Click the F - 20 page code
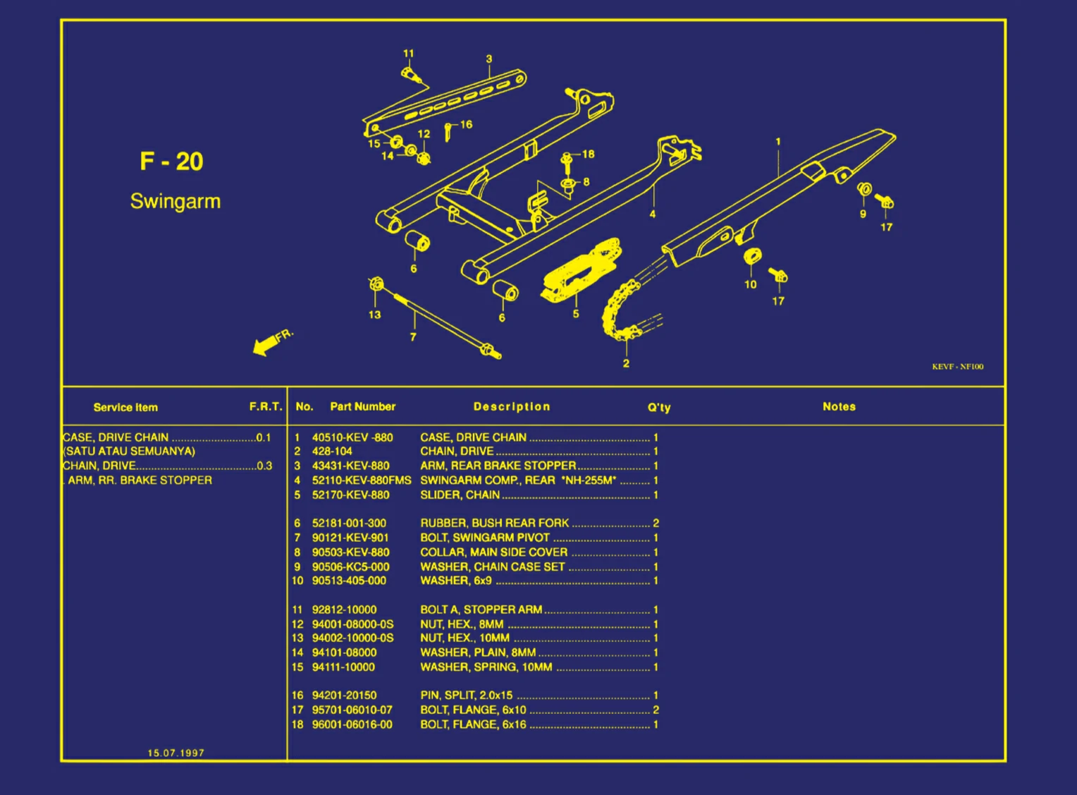pos(171,162)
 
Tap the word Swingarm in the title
pos(176,202)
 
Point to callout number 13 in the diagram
pos(374,315)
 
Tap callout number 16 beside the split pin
pos(466,125)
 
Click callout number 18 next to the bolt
pos(588,154)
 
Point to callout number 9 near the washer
pos(863,214)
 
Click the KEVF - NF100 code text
pos(957,367)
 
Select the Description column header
pos(511,407)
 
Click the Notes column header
pos(839,407)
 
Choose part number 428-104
pos(332,451)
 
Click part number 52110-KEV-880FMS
pos(361,480)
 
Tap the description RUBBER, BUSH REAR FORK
pos(494,523)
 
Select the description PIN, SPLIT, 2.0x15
pos(466,696)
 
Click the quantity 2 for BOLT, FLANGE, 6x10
pos(656,710)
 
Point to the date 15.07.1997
pos(176,753)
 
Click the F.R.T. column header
pos(265,407)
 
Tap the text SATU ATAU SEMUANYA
pos(130,451)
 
